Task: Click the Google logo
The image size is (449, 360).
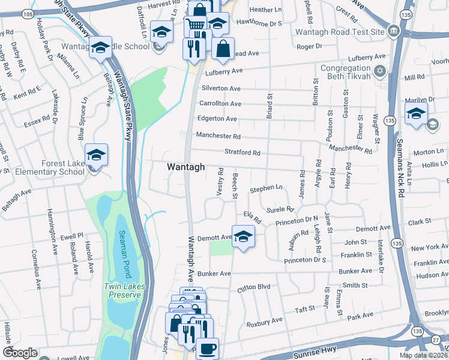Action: click(20, 353)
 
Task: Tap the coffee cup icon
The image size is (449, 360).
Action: click(207, 348)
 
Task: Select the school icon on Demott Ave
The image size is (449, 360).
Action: click(243, 238)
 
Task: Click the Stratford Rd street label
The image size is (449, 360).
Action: click(242, 153)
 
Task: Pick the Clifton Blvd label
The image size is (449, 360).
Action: click(255, 287)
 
